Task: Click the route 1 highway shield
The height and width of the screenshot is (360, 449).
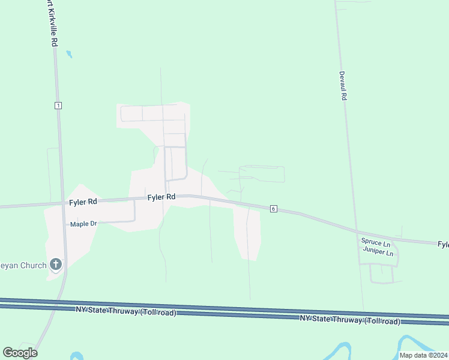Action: [x=58, y=105]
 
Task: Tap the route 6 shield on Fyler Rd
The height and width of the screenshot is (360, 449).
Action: [x=273, y=208]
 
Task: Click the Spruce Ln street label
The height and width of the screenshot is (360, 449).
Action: [x=375, y=243]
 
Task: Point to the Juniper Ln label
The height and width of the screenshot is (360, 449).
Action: [x=378, y=252]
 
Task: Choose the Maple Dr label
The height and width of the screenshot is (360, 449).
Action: [x=83, y=224]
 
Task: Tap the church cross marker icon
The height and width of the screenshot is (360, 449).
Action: [x=56, y=264]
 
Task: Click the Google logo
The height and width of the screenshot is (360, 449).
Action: [x=20, y=352]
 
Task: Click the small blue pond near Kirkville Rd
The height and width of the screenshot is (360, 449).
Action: [x=69, y=54]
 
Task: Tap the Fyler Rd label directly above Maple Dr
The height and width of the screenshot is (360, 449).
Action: [x=83, y=202]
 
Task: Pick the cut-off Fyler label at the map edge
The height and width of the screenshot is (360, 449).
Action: [x=443, y=244]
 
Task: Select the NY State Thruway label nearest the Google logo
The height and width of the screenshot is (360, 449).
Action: [x=127, y=311]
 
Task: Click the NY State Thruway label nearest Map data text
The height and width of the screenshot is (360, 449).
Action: [x=350, y=320]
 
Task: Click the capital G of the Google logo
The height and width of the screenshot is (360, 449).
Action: [x=8, y=352]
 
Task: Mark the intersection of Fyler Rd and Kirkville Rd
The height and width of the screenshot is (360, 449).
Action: [x=61, y=203]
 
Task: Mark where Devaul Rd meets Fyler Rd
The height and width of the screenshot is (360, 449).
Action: [x=355, y=230]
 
